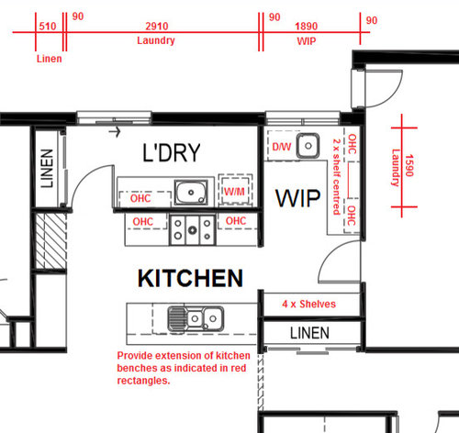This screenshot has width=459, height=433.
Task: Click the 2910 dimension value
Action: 157,27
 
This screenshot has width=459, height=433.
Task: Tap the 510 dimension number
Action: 48,27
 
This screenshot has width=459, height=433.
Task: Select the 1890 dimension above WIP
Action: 307,27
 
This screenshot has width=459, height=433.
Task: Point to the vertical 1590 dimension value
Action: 409,165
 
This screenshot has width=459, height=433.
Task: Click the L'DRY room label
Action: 172,152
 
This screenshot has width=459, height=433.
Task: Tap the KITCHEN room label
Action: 190,278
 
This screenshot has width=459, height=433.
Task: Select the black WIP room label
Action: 298,198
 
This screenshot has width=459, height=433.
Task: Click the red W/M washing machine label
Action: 234,192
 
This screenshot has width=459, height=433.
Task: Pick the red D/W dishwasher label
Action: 282,147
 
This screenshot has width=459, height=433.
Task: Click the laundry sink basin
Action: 191,193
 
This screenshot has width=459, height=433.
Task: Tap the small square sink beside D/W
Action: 308,146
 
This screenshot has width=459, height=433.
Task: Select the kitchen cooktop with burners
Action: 193,229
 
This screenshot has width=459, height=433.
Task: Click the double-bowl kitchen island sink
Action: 196,318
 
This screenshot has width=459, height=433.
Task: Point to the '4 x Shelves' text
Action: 308,304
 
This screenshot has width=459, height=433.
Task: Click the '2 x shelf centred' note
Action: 337,177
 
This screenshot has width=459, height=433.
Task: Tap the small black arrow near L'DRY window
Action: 115,132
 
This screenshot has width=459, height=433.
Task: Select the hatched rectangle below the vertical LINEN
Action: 51,241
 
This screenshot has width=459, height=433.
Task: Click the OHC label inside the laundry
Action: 140,198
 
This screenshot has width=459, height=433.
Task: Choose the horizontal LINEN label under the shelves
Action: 309,333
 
